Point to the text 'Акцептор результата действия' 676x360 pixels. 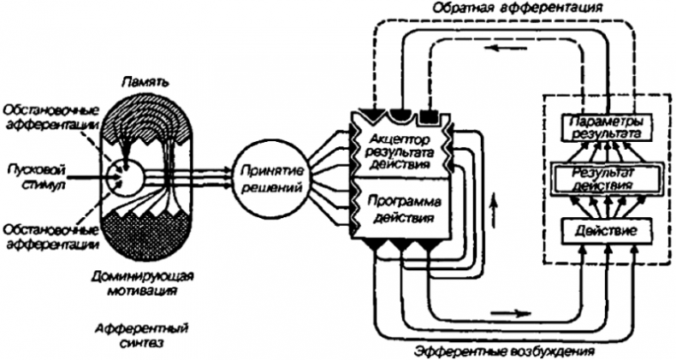point(401,151)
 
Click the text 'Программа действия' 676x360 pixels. point(401,210)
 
